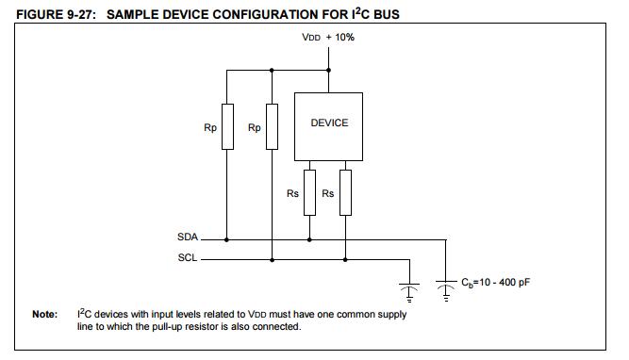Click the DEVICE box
pyautogui.click(x=329, y=125)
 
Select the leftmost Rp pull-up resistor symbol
pyautogui.click(x=227, y=126)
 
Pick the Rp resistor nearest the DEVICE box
pyautogui.click(x=272, y=126)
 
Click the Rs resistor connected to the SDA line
pyautogui.click(x=309, y=192)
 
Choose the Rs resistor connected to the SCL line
pyautogui.click(x=345, y=192)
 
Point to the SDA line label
pyautogui.click(x=187, y=238)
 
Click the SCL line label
pyautogui.click(x=187, y=257)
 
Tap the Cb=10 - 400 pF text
pyautogui.click(x=497, y=282)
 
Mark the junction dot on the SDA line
pyautogui.click(x=309, y=239)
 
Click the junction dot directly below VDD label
pyautogui.click(x=329, y=69)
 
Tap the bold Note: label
pyautogui.click(x=45, y=315)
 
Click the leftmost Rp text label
pyautogui.click(x=209, y=127)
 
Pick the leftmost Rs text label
pyautogui.click(x=292, y=193)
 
